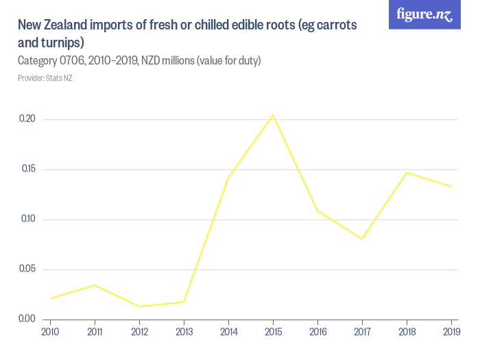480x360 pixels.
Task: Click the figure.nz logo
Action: click(x=424, y=14)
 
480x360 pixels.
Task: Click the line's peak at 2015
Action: click(x=273, y=115)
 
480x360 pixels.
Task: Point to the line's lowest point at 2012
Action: click(x=139, y=307)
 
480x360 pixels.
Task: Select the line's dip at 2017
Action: click(x=362, y=239)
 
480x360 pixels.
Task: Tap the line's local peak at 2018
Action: click(x=407, y=173)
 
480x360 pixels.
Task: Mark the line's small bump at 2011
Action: click(x=95, y=285)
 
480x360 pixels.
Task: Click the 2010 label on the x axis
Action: click(x=50, y=333)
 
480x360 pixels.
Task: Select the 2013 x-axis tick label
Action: click(x=184, y=333)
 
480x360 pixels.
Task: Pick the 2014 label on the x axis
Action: click(x=228, y=333)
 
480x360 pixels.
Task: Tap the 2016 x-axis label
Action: click(x=317, y=333)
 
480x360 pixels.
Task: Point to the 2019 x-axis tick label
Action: click(x=451, y=333)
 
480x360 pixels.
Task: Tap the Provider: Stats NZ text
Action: click(x=45, y=78)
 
